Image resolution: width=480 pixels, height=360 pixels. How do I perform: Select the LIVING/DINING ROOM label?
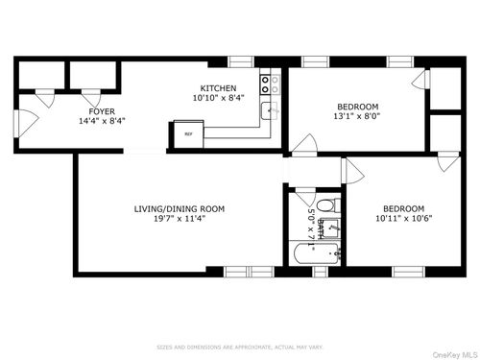pos(179,208)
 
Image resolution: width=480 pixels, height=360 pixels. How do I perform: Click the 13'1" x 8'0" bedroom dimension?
pos(356,116)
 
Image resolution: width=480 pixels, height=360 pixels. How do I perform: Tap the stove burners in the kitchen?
pos(275,84)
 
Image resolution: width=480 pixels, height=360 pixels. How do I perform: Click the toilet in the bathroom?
pos(325,204)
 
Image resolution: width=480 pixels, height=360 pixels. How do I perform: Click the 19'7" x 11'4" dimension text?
pos(179,219)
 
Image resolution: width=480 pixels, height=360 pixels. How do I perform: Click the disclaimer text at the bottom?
pos(239,347)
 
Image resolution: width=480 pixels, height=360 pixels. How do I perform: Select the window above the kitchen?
pos(241,61)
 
